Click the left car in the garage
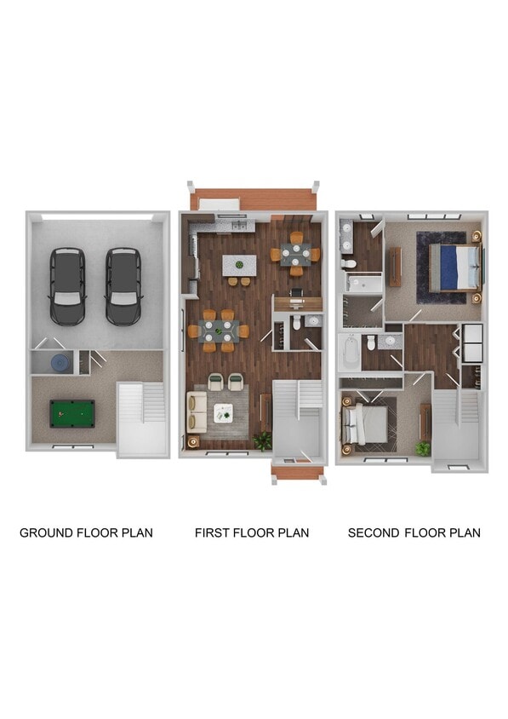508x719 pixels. pyautogui.click(x=67, y=285)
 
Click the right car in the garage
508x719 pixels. pyautogui.click(x=124, y=285)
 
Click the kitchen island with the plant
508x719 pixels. pyautogui.click(x=239, y=266)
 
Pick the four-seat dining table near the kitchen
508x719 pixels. pyautogui.click(x=296, y=253)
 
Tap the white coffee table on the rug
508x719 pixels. pyautogui.click(x=224, y=412)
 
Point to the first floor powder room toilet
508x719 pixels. pyautogui.click(x=294, y=325)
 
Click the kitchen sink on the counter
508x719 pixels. pyautogui.click(x=237, y=225)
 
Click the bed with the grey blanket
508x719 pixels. pyautogui.click(x=365, y=424)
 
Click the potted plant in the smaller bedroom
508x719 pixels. pyautogui.click(x=422, y=446)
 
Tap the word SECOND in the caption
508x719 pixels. pyautogui.click(x=373, y=533)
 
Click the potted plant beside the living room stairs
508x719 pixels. pyautogui.click(x=263, y=440)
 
